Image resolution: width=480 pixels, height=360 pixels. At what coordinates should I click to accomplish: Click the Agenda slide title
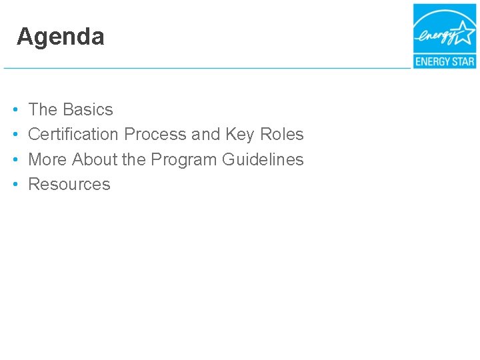click(61, 37)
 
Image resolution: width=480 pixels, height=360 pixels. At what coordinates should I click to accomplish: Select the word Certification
click(73, 134)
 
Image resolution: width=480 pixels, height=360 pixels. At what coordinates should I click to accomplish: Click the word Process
click(155, 134)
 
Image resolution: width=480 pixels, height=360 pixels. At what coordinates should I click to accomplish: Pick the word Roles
click(281, 134)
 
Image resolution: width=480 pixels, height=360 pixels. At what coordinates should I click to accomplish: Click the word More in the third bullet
click(47, 159)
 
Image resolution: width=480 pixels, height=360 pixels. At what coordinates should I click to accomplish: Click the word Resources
click(69, 184)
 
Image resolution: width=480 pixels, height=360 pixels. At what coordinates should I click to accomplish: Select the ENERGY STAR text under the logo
click(445, 61)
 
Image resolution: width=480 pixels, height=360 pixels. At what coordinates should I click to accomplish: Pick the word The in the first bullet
click(43, 109)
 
